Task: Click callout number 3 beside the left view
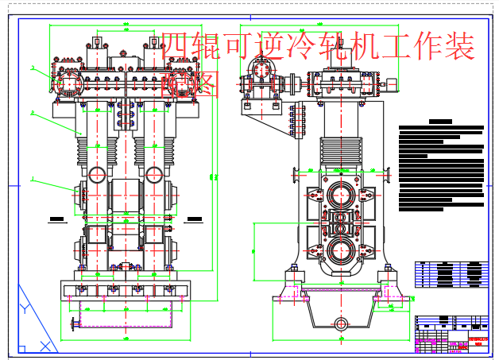click(33, 68)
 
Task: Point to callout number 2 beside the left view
click(33, 114)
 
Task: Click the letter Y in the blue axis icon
click(26, 308)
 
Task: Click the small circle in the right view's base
click(341, 323)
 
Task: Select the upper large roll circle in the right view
click(341, 195)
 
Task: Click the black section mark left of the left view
click(56, 217)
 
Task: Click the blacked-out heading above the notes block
click(439, 122)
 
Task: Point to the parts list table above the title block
click(451, 273)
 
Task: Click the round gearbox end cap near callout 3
click(68, 82)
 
